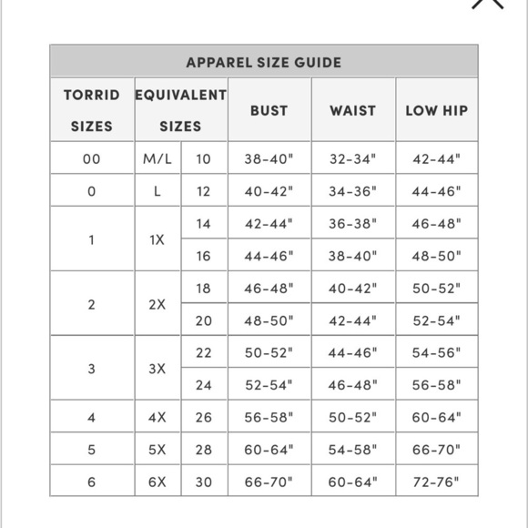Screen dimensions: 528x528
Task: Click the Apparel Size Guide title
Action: [263, 63]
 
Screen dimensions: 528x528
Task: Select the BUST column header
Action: [269, 110]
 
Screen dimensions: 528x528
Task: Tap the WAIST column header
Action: [352, 110]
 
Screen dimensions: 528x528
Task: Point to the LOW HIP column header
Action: [436, 110]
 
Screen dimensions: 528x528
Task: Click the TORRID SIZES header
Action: [91, 110]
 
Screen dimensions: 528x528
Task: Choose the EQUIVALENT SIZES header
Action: [180, 110]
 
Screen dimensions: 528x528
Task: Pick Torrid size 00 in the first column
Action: [91, 158]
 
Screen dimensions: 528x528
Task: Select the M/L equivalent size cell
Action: [157, 158]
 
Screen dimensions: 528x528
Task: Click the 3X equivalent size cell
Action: [157, 369]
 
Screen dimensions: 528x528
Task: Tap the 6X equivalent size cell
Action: [157, 482]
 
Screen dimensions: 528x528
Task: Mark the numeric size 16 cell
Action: [203, 256]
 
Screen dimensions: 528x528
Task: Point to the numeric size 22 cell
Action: [203, 352]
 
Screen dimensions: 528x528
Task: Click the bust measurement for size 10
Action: [269, 158]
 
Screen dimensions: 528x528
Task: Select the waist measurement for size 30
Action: [352, 482]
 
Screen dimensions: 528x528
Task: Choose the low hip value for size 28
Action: [436, 450]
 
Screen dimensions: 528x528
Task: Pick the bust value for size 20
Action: [269, 320]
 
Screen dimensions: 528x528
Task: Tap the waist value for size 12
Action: [352, 191]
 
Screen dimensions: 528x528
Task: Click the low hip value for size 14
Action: [436, 223]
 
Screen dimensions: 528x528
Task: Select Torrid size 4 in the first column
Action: [91, 417]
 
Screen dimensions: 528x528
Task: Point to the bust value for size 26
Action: [269, 417]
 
